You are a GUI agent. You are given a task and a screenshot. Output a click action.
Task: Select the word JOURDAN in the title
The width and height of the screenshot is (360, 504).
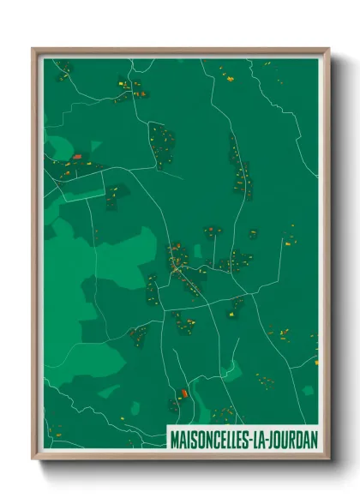tap(297, 438)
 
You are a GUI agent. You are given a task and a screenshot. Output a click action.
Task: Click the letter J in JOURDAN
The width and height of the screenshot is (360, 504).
tap(281, 438)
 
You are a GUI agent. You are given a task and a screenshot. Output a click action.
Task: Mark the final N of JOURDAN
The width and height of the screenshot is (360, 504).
tap(314, 438)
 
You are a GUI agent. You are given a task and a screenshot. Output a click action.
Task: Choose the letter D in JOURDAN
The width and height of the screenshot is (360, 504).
tap(301, 438)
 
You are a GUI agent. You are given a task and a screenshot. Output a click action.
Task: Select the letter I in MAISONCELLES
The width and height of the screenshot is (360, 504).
tap(188, 438)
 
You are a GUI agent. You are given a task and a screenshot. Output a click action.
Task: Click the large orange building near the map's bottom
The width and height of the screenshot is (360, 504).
tap(183, 393)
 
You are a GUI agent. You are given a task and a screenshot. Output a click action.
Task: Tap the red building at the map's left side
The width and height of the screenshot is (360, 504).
tap(77, 157)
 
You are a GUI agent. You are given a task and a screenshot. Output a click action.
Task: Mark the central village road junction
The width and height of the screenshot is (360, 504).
tap(177, 270)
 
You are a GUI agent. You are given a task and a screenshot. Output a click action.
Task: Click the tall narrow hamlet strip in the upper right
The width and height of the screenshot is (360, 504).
tap(240, 167)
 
